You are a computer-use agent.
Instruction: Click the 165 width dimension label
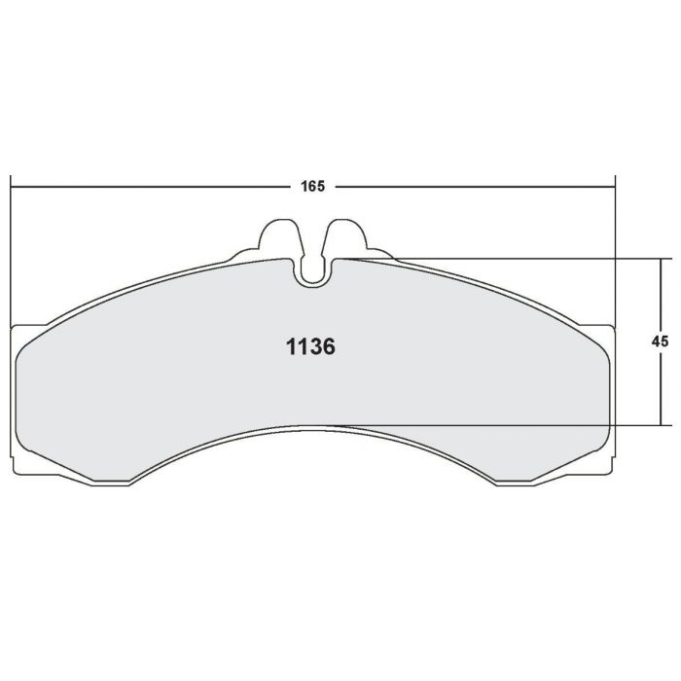click(312, 187)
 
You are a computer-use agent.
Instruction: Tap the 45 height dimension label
click(660, 341)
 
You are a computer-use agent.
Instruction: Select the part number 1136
click(310, 346)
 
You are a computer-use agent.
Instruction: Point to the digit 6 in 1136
click(329, 346)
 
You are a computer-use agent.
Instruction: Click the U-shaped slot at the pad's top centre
click(312, 272)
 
